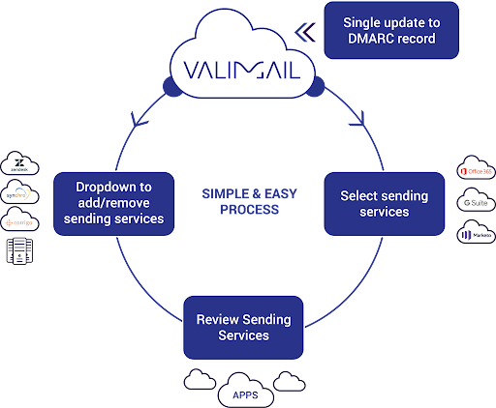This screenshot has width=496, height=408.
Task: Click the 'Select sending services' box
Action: pos(384,203)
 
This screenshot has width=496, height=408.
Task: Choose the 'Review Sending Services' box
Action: pos(243,327)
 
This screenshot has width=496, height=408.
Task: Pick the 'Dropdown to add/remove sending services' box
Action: pos(114,202)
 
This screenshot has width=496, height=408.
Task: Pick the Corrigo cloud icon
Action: pos(20,221)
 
